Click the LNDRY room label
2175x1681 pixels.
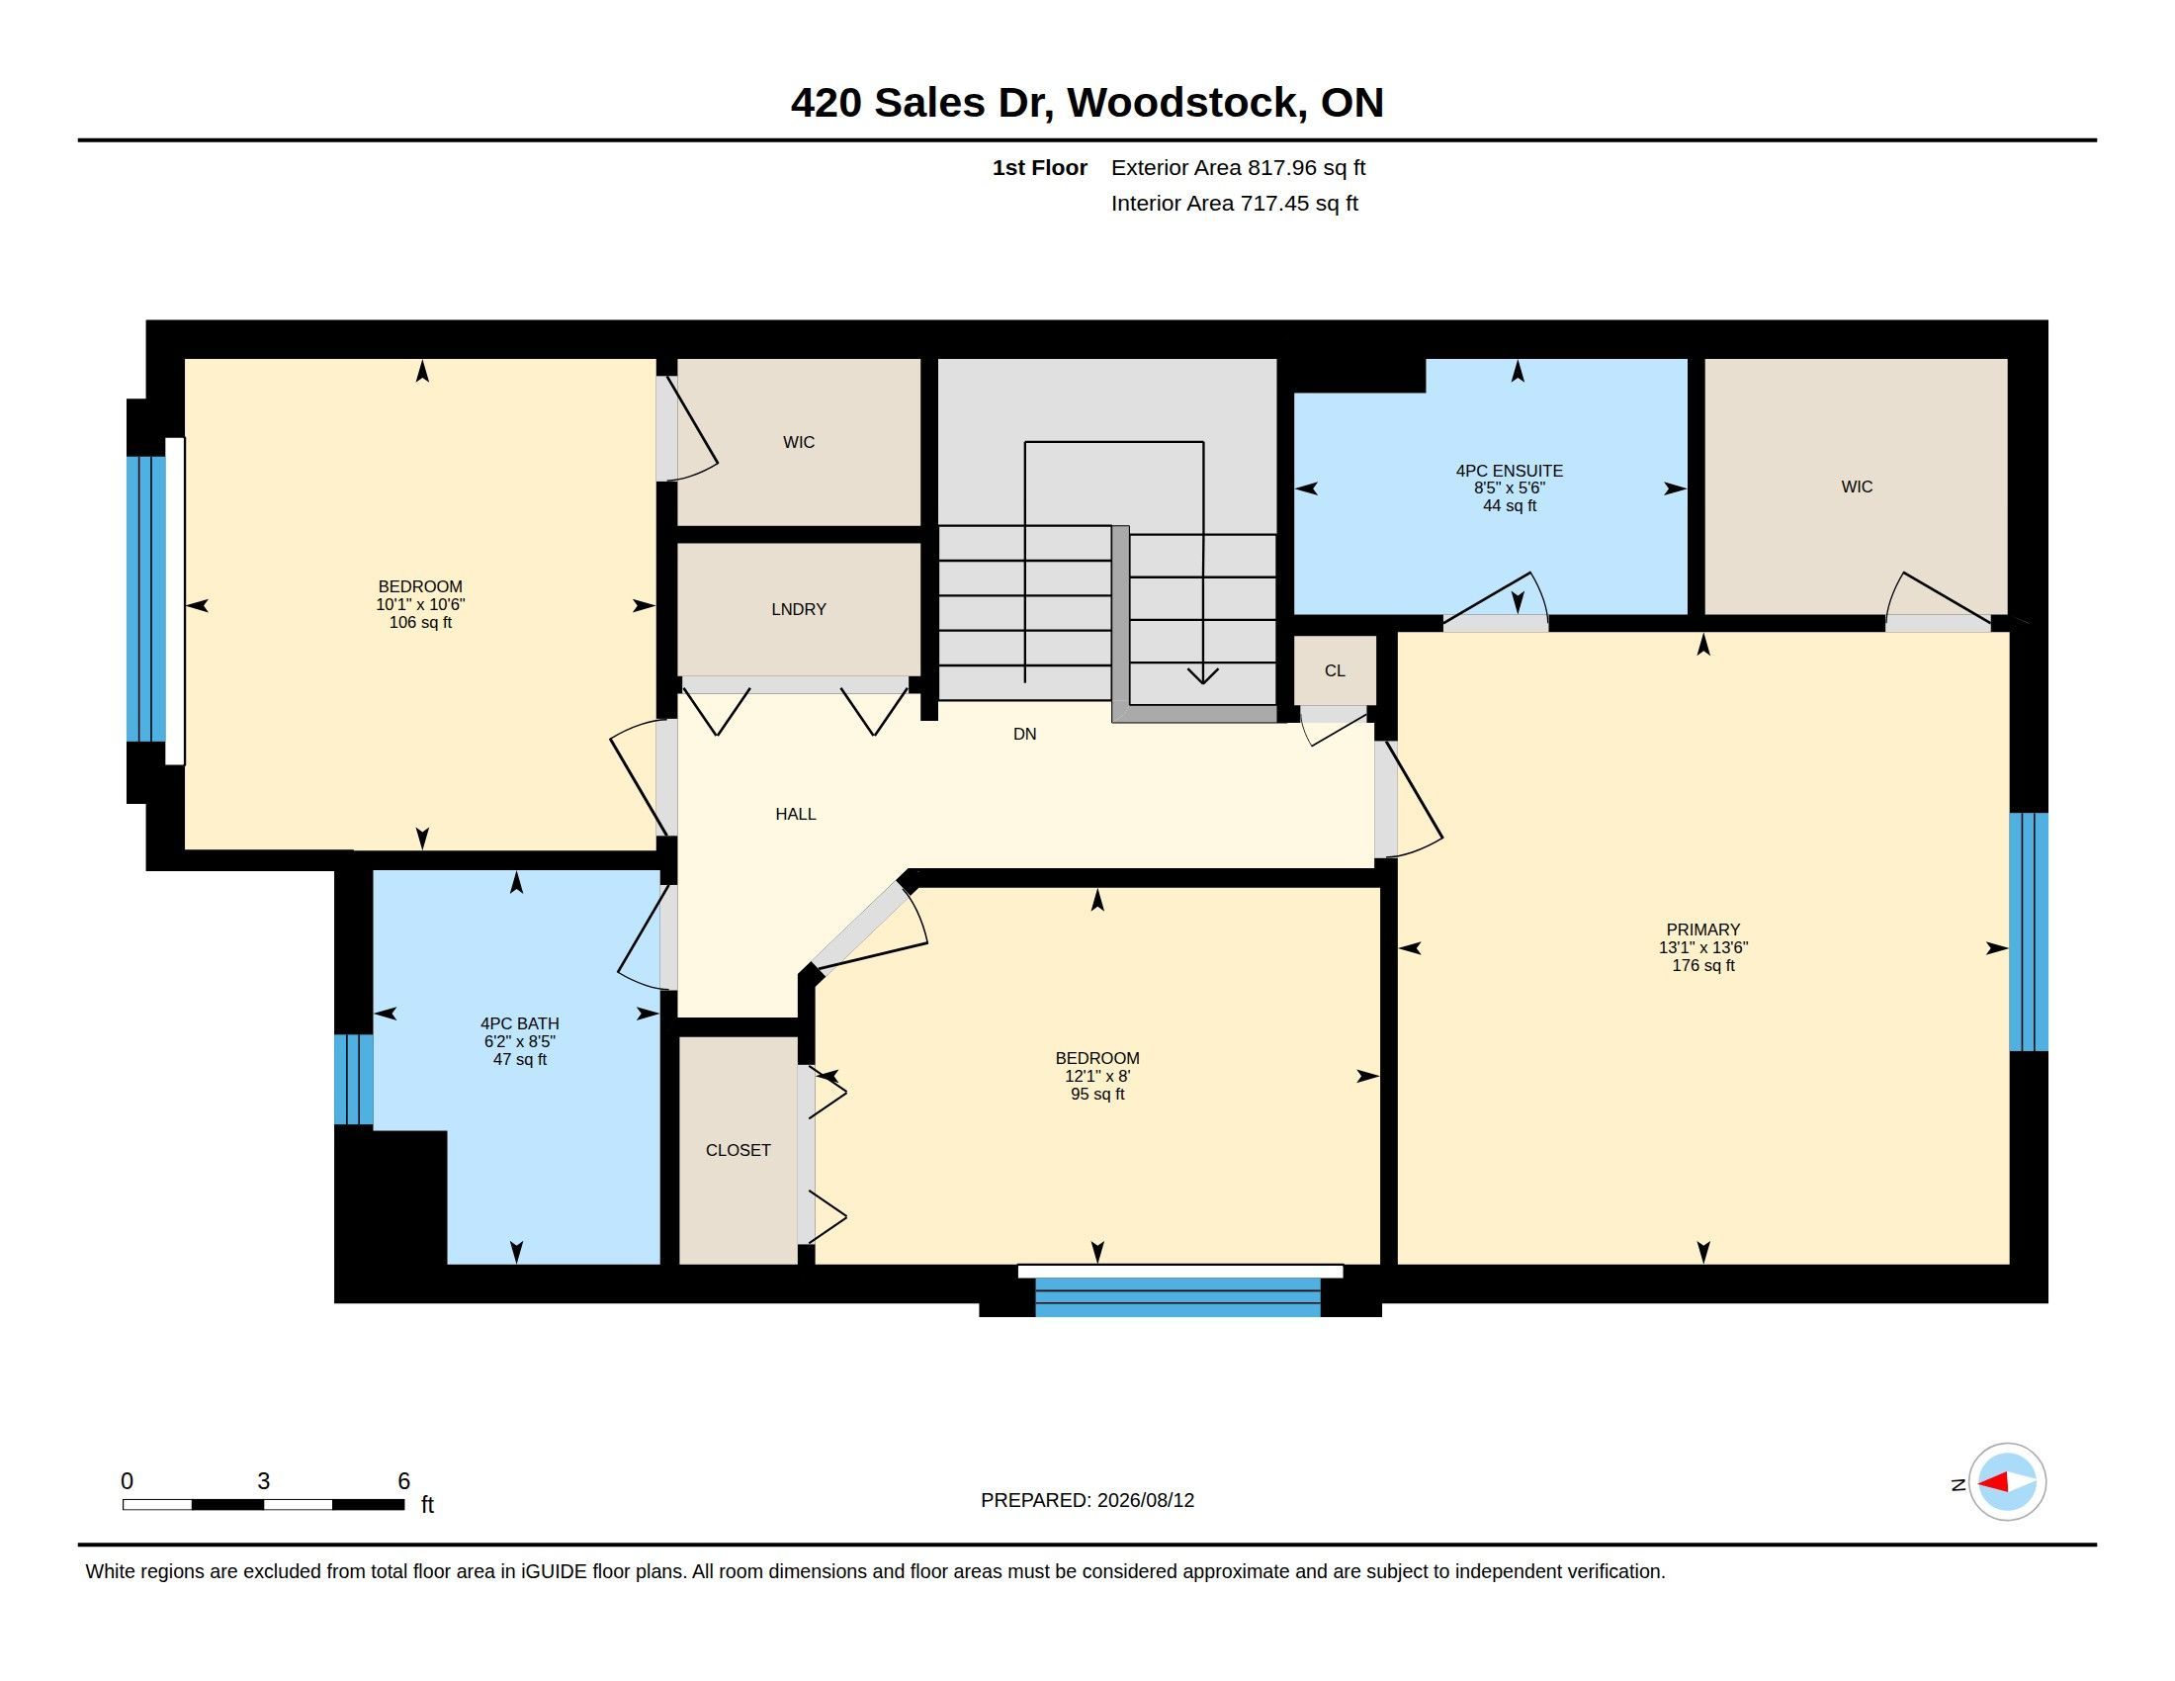pos(799,609)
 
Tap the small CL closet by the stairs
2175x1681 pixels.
pos(1335,670)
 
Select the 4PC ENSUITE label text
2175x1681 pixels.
pos(1509,471)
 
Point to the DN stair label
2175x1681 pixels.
pos(1025,734)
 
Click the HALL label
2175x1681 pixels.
pos(796,815)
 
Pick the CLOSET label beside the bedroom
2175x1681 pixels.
pos(738,1150)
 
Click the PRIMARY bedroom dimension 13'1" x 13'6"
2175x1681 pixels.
pos(1703,948)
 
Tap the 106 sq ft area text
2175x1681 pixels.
pos(420,622)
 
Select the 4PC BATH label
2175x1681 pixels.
pos(520,1023)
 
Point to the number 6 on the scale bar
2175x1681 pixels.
pos(403,1481)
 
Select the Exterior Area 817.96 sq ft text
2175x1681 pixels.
pos(1238,167)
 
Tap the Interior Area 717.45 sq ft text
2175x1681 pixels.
pos(1235,203)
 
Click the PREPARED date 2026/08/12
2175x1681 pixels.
pos(1145,1500)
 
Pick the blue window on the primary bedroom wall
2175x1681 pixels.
pos(2029,932)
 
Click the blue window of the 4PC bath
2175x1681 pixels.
pos(354,1080)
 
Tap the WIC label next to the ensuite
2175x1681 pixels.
pos(1857,487)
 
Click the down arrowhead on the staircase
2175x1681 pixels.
pos(1203,676)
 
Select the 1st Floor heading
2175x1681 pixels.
pos(1040,167)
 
